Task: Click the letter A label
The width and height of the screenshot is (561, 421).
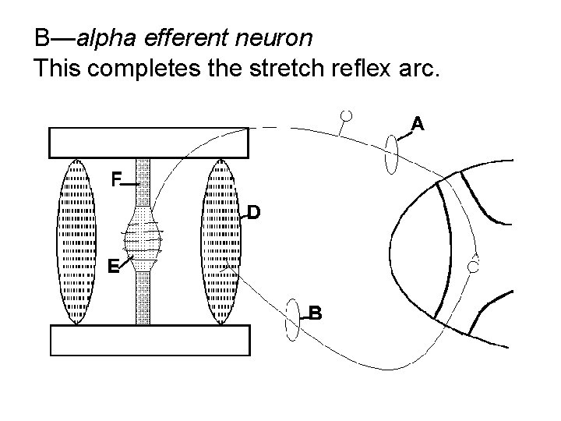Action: point(418,124)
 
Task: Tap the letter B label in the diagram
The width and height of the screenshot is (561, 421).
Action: point(314,313)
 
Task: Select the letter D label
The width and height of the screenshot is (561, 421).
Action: point(254,212)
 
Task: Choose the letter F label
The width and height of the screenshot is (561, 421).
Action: point(115,180)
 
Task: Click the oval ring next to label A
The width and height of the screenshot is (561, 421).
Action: point(392,154)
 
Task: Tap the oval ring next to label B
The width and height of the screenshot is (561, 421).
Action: point(293,320)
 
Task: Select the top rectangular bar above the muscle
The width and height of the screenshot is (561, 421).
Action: point(149,142)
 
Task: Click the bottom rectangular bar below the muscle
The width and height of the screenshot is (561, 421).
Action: point(149,340)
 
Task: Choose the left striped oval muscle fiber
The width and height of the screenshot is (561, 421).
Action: point(76,241)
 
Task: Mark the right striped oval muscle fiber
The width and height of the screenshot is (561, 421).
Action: point(221,241)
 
